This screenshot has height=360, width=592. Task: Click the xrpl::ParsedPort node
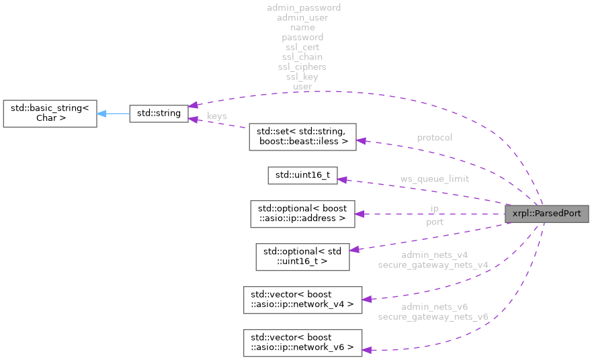[547, 214]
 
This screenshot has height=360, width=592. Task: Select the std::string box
[158, 114]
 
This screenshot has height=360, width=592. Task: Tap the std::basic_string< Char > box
[50, 114]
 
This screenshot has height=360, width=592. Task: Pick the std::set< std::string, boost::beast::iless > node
[302, 136]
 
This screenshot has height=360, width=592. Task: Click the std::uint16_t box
[302, 175]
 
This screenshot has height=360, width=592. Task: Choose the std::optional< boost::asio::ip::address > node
[302, 214]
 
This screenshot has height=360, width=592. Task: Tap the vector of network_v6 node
[302, 343]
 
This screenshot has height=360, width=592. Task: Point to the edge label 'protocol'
[434, 138]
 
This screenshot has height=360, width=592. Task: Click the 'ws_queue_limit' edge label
[434, 179]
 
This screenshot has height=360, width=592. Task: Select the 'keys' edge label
[216, 116]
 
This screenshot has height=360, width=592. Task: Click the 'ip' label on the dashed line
[434, 209]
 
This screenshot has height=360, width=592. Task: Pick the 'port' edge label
[434, 221]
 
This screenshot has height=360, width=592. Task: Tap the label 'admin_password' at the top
[303, 7]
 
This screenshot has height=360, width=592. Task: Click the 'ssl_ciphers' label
[302, 67]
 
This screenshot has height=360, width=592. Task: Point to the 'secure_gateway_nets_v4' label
[433, 265]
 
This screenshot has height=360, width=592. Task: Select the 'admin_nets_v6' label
[434, 306]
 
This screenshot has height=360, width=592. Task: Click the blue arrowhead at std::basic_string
[101, 114]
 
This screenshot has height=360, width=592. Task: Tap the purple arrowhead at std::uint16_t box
[341, 179]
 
